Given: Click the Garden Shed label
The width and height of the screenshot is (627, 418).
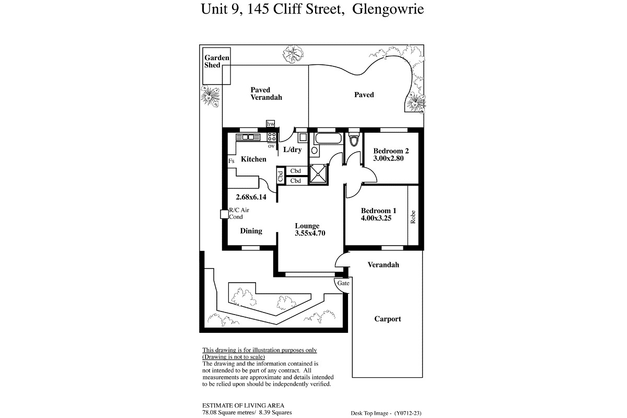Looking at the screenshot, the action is pyautogui.click(x=217, y=61).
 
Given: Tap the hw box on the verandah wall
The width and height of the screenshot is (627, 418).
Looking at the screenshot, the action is pyautogui.click(x=271, y=124).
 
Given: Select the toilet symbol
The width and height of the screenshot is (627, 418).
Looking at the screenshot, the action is pyautogui.click(x=354, y=140).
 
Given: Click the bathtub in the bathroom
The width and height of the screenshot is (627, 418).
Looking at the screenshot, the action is pyautogui.click(x=328, y=138).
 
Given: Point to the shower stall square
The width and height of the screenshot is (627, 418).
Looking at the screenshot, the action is pyautogui.click(x=318, y=175).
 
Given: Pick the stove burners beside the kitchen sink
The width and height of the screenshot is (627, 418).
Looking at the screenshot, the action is pyautogui.click(x=272, y=137).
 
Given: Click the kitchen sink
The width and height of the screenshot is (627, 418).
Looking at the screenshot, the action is pyautogui.click(x=248, y=137).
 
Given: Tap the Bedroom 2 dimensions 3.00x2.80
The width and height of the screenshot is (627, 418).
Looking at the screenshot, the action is pyautogui.click(x=388, y=158).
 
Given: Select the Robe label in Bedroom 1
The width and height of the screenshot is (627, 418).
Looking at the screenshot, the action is pyautogui.click(x=413, y=217).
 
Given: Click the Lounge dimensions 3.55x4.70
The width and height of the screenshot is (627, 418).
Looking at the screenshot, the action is pyautogui.click(x=310, y=233).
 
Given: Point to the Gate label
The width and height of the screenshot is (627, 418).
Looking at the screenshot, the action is pyautogui.click(x=343, y=283).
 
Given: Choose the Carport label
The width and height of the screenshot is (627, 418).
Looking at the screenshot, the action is pyautogui.click(x=388, y=319).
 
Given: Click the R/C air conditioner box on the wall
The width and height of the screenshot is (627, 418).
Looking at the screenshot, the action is pyautogui.click(x=224, y=214).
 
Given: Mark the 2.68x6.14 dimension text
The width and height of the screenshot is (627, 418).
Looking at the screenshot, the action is pyautogui.click(x=251, y=197).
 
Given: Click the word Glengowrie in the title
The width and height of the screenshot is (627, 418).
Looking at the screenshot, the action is pyautogui.click(x=388, y=9).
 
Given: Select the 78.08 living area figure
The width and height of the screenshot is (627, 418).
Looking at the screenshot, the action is pyautogui.click(x=210, y=412).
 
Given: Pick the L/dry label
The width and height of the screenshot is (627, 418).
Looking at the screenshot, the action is pyautogui.click(x=293, y=149).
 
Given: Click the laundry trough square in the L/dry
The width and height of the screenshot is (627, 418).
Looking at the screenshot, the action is pyautogui.click(x=303, y=137).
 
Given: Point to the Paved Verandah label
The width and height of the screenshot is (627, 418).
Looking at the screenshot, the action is pyautogui.click(x=266, y=94).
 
